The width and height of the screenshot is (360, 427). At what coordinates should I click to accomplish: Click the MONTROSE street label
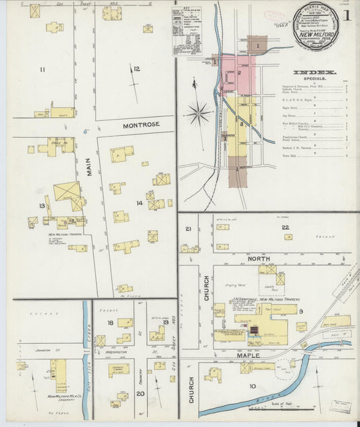point(140,126)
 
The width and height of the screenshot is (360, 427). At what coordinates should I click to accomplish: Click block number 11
point(43,70)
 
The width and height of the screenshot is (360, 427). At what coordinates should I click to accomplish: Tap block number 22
point(285,227)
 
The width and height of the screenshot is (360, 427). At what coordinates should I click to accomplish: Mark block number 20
point(140,394)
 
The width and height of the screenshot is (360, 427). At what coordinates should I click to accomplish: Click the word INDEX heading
point(314,72)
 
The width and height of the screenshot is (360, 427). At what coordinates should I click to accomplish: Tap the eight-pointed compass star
point(198,112)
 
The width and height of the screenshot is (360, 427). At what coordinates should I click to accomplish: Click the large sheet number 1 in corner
point(346,15)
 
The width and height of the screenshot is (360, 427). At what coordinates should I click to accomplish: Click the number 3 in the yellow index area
point(241,124)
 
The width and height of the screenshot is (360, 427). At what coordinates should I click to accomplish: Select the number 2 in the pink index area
point(239,72)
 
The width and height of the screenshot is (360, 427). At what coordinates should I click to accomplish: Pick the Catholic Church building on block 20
point(119,370)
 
